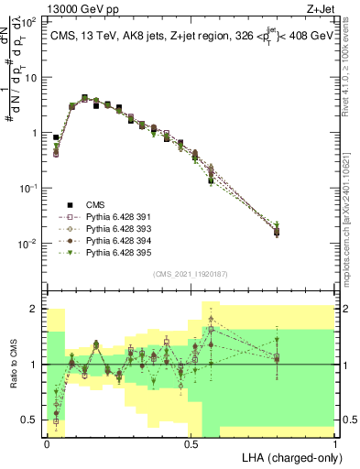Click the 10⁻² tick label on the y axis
point(29,244)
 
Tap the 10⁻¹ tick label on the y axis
point(29,189)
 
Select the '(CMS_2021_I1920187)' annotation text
point(191,273)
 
